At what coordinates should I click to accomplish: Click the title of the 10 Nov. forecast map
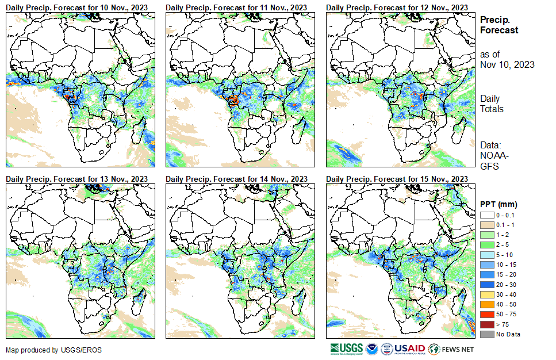coord(76,7)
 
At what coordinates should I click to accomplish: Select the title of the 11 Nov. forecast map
coord(236,7)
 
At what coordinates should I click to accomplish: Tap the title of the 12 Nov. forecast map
coord(397,7)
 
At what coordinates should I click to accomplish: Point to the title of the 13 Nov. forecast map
coord(76,179)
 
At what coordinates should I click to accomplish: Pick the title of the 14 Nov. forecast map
coord(236,179)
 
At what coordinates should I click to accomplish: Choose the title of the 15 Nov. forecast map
coord(397,179)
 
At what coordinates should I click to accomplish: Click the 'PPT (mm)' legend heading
coord(499,204)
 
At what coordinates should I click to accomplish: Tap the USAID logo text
coord(409,348)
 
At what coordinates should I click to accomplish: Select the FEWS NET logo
coord(452,348)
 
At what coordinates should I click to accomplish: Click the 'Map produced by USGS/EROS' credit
coord(45,350)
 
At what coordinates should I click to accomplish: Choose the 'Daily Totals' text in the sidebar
coord(492,104)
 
